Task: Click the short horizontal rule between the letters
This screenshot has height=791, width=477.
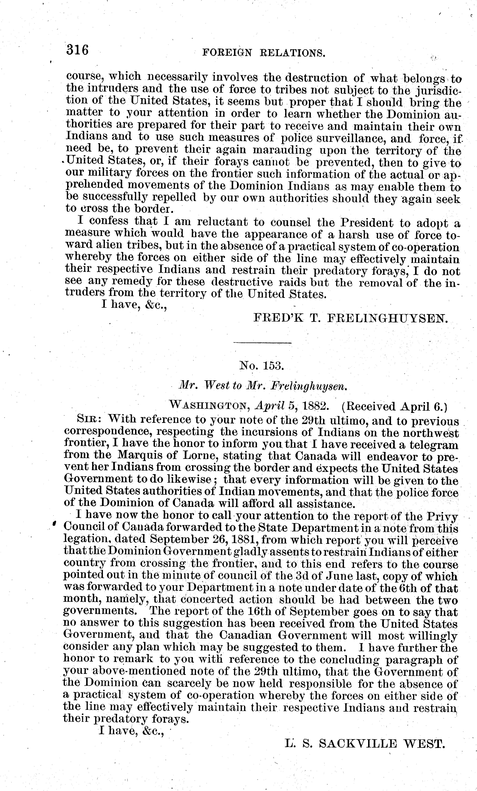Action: (x=262, y=343)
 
